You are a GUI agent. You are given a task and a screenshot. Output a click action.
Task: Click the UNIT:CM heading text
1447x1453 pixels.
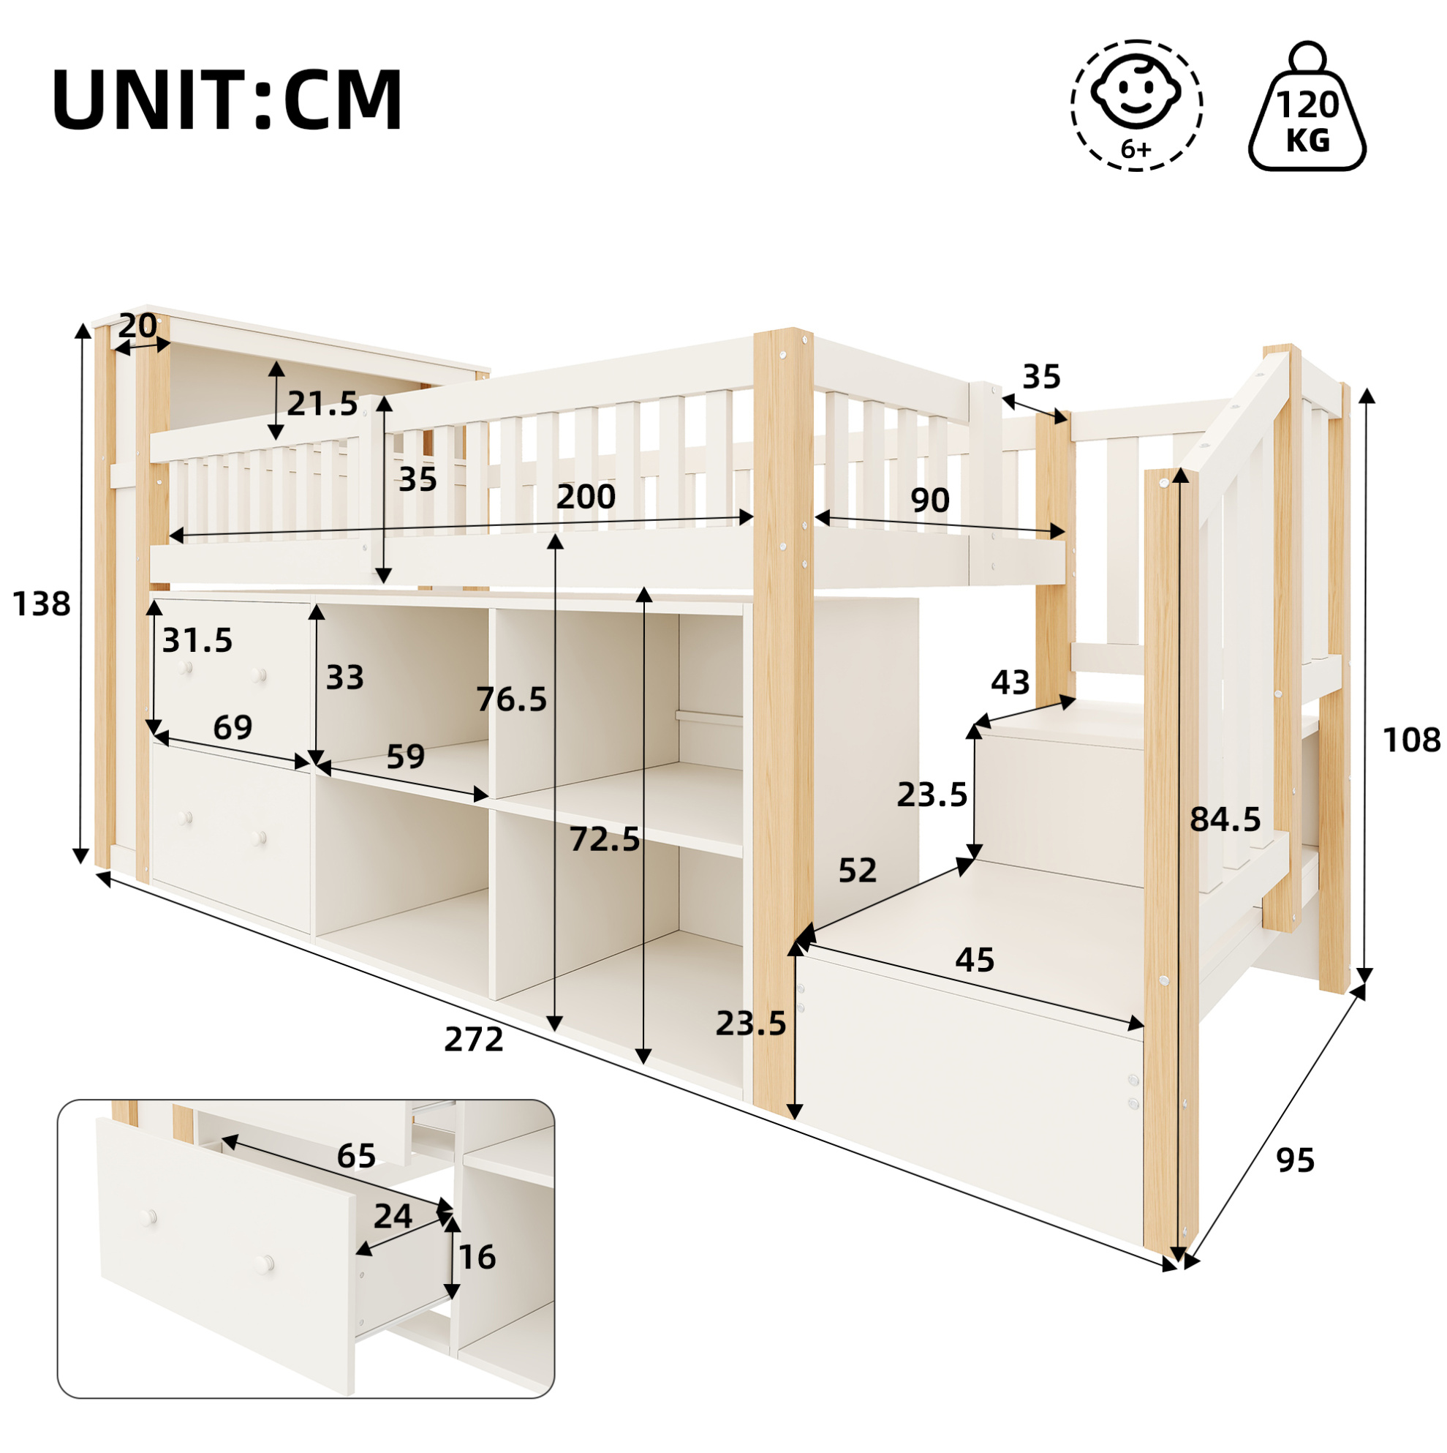pos(227,101)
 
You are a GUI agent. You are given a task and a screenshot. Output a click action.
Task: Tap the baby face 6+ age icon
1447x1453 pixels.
pos(1136,105)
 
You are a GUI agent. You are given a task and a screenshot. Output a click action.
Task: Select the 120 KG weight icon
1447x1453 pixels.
pos(1307,106)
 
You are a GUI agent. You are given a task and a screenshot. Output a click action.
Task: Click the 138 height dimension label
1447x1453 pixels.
pos(42,604)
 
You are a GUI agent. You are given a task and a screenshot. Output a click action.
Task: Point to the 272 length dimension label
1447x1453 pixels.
pos(474,1040)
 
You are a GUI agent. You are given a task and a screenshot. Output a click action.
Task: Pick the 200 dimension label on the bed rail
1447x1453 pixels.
pos(586,496)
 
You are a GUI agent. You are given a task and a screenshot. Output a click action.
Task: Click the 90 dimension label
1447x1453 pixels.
pos(930,500)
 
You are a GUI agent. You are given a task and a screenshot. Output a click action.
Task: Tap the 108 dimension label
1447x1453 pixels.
pos(1411,740)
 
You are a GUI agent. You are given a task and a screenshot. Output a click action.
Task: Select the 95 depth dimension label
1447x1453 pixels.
pos(1295,1160)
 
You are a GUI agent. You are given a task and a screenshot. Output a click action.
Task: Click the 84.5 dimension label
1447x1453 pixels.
pos(1225,819)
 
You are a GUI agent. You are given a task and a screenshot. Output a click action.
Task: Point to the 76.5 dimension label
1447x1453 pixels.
pos(512,699)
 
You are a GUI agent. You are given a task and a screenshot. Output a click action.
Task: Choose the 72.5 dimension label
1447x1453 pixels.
pos(605,839)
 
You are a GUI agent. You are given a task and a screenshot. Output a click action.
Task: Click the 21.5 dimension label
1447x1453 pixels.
pos(322,404)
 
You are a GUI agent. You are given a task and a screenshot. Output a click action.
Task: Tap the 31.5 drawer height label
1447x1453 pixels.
pos(197,641)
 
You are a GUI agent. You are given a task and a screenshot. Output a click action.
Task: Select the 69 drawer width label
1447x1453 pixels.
pos(233,727)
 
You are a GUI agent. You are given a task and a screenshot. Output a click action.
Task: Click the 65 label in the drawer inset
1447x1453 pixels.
pos(356,1156)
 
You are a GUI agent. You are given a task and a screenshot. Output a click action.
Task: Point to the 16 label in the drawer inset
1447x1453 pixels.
pos(477,1257)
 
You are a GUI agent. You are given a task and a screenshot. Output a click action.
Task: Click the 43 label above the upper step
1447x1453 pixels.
pos(1010,682)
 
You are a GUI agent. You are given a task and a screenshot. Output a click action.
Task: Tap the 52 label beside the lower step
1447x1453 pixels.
pos(858,870)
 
